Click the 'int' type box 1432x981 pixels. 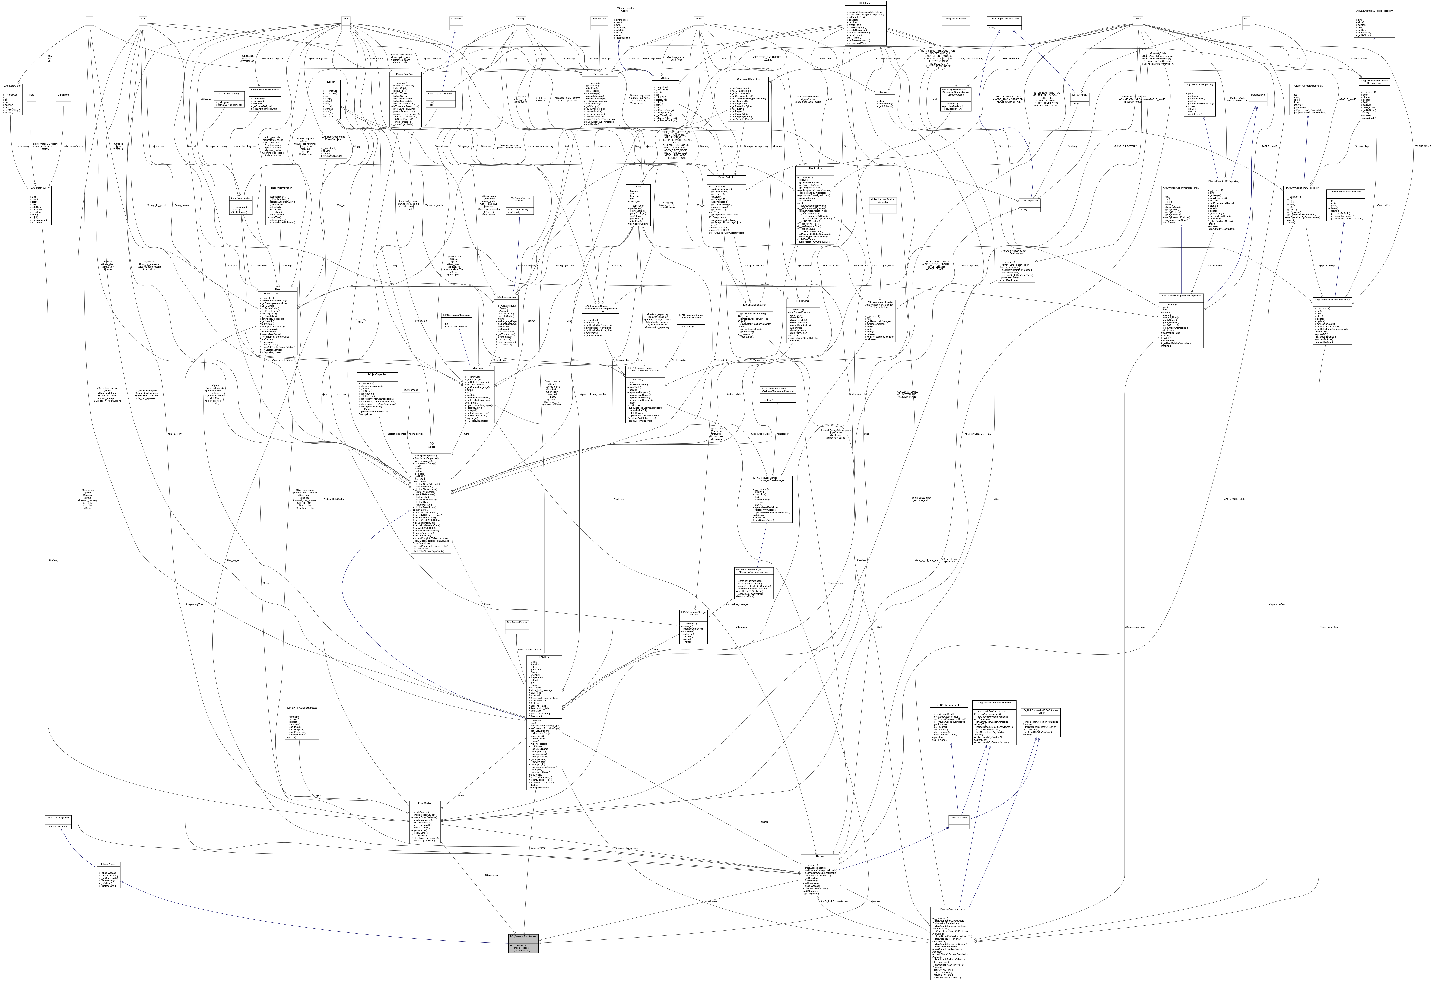coord(89,18)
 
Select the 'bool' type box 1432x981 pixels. coord(142,18)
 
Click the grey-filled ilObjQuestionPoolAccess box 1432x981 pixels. coord(523,936)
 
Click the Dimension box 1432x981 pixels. coord(63,95)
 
